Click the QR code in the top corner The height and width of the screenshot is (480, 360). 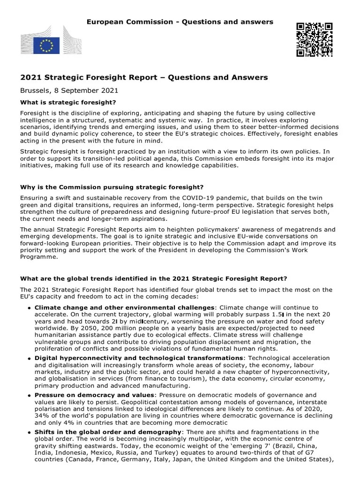pos(315,39)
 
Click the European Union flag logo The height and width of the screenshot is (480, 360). pos(46,45)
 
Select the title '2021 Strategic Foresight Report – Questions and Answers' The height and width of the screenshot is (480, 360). pos(144,77)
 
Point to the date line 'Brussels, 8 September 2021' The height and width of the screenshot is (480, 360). pos(69,90)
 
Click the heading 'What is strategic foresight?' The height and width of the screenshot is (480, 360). pos(68,102)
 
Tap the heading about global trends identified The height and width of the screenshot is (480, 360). pos(154,278)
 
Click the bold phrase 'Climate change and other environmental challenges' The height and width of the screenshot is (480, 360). pos(124,307)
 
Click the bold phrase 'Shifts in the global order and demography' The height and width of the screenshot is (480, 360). pos(108,432)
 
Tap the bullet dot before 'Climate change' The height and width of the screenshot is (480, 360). pos(30,308)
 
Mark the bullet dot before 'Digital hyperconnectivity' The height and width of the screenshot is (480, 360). pos(30,359)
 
